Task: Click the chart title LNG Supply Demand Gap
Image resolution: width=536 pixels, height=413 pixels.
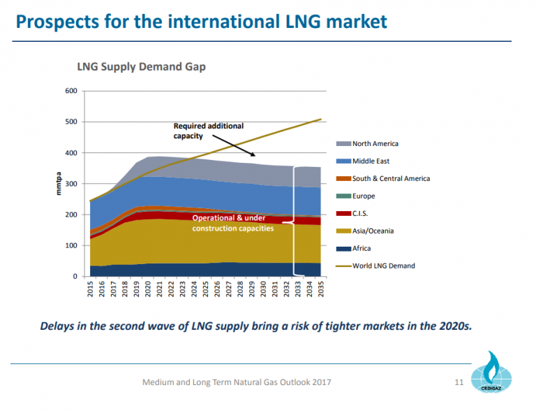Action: tap(141, 67)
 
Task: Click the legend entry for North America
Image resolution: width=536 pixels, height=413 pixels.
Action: tap(375, 144)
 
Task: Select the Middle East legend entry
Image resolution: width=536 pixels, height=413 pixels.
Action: tap(371, 161)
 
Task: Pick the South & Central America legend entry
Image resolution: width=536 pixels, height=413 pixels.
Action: tap(391, 179)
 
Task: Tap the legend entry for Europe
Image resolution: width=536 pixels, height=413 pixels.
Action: tap(364, 196)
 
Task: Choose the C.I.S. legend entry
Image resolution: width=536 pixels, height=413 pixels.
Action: tap(362, 214)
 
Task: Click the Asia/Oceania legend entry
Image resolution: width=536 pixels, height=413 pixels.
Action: tap(373, 231)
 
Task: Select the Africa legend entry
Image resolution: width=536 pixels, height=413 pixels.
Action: tap(362, 249)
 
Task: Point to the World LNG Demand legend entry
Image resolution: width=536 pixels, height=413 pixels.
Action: tap(383, 266)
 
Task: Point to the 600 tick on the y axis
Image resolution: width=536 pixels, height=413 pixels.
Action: tap(70, 91)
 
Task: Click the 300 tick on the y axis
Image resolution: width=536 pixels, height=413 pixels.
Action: tap(70, 184)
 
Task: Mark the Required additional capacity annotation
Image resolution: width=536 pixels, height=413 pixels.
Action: tap(208, 131)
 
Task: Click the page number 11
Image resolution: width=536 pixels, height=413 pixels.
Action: tap(459, 382)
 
